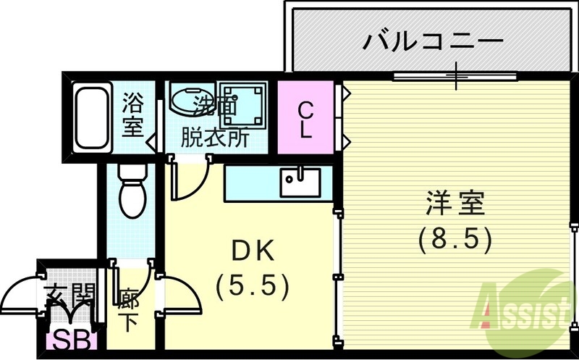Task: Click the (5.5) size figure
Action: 253,287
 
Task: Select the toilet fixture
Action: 131,190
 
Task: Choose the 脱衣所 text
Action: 214,138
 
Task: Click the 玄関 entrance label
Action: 69,294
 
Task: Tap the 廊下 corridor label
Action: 130,309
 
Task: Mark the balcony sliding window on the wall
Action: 455,75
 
